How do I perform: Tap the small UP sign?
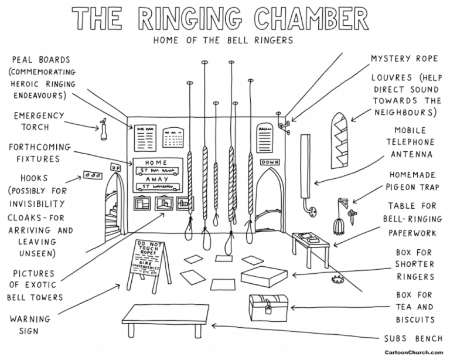pos(116,167)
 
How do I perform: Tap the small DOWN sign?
pos(269,162)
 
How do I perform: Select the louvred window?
pos(339,138)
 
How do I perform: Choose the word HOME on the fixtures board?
pos(155,162)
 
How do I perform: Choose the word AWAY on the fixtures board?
pos(156,180)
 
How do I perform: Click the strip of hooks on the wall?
pos(92,174)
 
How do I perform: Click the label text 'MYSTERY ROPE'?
pos(401,59)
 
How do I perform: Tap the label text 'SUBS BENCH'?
pos(408,339)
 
